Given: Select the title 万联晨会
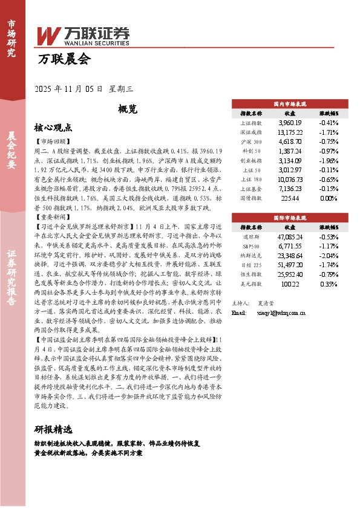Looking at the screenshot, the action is tap(63, 60).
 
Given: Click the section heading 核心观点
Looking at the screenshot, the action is tap(53, 128).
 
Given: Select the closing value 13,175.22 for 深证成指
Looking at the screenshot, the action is tap(290, 132).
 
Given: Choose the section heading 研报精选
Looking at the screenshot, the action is tap(53, 430).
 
